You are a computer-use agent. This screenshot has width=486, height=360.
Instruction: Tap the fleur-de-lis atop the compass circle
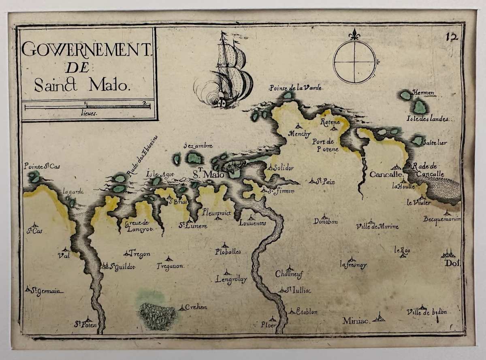(355, 34)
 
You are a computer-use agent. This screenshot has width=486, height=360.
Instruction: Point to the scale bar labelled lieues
(87, 107)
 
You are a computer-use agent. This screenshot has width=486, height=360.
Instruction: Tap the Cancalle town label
(385, 175)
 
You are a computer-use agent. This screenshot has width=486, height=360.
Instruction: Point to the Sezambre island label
(198, 146)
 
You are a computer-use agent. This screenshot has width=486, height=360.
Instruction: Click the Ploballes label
(228, 251)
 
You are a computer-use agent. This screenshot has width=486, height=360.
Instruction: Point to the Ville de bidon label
(426, 312)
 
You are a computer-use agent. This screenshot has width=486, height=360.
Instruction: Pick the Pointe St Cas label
(42, 166)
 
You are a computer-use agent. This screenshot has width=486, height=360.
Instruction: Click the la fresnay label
(353, 266)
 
